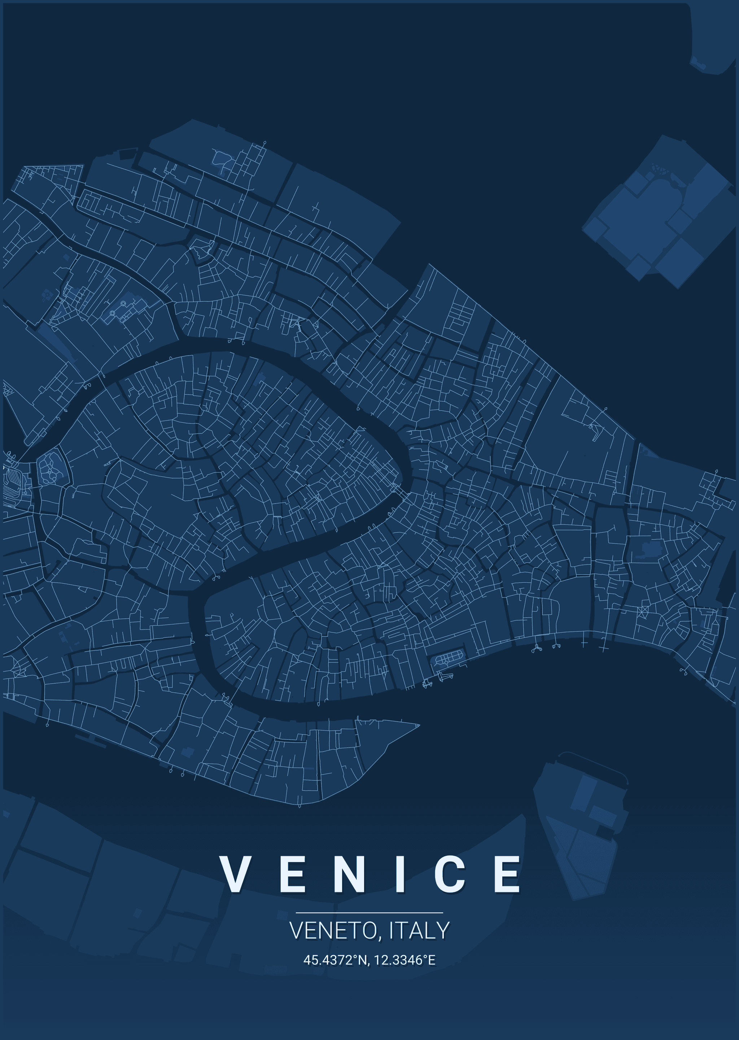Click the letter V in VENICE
[235, 874]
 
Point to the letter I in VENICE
[401, 874]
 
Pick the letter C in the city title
[450, 874]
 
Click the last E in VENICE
[507, 874]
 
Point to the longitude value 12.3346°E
[405, 960]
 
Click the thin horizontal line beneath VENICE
[369, 913]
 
